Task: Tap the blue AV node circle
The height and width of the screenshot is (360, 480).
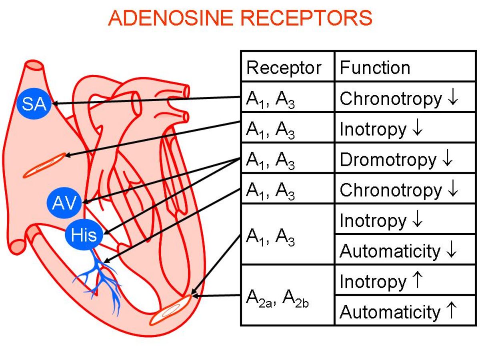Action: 64,203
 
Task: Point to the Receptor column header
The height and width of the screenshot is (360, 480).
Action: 284,68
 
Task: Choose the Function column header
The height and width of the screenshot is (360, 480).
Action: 375,68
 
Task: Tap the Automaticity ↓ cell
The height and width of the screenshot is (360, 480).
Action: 398,251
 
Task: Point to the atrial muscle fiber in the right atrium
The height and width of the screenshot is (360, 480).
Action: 45,165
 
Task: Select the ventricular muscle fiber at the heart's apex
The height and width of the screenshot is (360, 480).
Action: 170,310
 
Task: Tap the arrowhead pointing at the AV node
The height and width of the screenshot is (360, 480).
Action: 85,202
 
